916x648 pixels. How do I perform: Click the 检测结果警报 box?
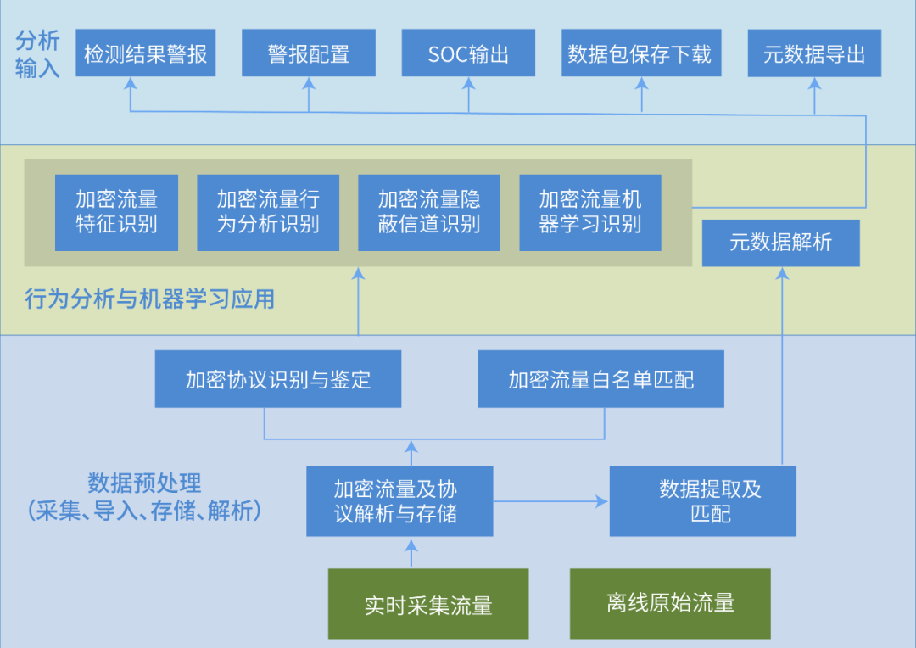click(x=145, y=53)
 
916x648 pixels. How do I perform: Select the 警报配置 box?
click(x=309, y=53)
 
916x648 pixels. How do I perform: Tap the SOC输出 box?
click(x=468, y=53)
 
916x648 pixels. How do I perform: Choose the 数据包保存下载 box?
click(x=641, y=53)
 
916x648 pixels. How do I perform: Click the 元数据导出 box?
click(x=814, y=53)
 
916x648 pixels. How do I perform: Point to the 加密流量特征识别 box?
click(x=116, y=212)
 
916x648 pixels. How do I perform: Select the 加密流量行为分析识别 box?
click(x=268, y=212)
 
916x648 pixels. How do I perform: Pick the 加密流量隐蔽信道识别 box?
click(x=429, y=212)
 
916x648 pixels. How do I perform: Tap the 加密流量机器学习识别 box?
click(x=589, y=212)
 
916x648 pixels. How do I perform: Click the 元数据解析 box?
click(x=781, y=243)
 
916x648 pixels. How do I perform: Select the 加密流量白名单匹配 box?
click(x=600, y=378)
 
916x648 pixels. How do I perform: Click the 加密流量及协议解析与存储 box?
click(x=399, y=500)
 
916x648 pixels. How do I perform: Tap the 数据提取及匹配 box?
click(x=702, y=500)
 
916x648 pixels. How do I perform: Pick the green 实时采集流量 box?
click(x=428, y=604)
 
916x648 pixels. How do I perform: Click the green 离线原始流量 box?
click(x=670, y=603)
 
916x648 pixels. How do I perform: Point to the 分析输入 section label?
click(x=37, y=54)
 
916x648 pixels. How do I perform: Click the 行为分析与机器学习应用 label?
click(x=150, y=299)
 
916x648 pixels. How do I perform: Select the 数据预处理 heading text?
click(x=144, y=483)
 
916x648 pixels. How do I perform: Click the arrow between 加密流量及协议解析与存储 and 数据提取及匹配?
click(x=551, y=501)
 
